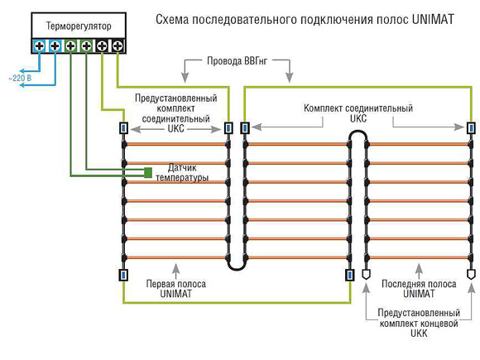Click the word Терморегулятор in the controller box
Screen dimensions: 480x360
79,26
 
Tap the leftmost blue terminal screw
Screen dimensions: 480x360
39,46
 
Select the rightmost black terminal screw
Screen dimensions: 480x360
118,46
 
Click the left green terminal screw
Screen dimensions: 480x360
70,46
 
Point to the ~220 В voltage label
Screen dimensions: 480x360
20,78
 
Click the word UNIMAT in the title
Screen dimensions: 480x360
433,20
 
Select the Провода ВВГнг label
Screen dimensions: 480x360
237,61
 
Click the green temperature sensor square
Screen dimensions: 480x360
148,173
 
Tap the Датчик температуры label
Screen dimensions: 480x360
182,173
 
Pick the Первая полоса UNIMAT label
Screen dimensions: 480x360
175,289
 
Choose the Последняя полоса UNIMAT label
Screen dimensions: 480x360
419,289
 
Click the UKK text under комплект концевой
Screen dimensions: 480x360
419,333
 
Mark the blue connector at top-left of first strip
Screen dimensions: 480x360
123,127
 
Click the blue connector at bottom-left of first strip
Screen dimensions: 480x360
123,275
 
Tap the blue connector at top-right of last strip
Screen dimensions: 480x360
471,127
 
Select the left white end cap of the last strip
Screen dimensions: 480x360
366,274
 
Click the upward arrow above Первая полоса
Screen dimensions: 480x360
175,271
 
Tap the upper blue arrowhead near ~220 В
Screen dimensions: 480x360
23,71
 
